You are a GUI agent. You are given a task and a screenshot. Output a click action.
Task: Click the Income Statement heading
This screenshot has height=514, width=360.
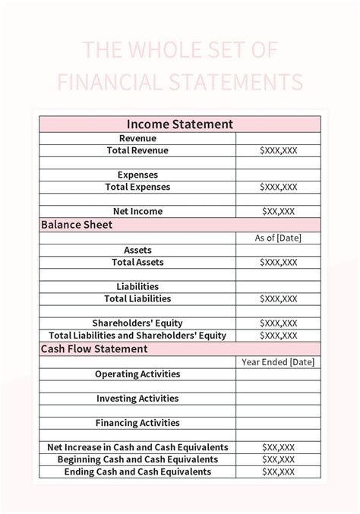point(180,125)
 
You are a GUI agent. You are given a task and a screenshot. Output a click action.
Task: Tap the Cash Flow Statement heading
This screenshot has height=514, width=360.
point(94,349)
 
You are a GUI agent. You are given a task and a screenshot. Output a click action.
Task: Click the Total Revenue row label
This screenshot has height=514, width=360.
point(137,150)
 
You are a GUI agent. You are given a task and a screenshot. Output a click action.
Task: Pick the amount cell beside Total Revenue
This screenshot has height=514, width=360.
point(278,150)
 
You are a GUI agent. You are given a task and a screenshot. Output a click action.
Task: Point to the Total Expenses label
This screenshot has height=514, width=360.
point(137,187)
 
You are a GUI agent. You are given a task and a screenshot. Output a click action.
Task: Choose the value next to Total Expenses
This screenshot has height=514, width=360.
point(278,187)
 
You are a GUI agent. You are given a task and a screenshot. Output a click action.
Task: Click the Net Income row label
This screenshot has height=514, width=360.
point(137,211)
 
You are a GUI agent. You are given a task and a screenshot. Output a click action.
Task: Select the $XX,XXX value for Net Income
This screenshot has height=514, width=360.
point(278,211)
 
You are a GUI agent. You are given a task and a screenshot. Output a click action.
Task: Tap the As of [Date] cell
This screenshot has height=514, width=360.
point(278,238)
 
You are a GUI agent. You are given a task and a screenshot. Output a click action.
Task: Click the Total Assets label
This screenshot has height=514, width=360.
point(137,262)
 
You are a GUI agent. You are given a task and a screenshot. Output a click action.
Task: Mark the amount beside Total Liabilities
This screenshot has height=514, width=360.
point(278,298)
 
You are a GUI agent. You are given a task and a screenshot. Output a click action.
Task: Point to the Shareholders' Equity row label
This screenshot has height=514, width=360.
point(137,323)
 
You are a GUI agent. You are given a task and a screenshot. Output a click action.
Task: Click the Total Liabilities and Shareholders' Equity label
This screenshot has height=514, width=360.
point(137,335)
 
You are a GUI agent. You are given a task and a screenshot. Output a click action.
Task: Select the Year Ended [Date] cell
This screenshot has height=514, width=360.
point(278,362)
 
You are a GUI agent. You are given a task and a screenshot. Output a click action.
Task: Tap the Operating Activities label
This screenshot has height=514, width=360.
point(137,374)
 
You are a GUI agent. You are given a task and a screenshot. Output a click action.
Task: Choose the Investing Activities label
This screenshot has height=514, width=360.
point(137,398)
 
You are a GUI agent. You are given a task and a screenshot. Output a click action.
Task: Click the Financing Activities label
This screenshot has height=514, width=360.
point(137,423)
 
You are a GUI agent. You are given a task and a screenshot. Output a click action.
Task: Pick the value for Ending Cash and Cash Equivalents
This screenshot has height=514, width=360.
point(278,471)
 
